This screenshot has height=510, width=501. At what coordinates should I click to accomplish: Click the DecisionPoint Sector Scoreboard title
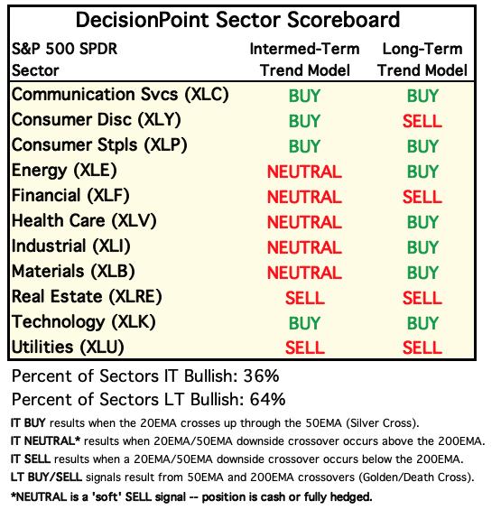pos(237,20)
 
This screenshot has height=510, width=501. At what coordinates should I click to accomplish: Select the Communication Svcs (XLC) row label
pos(120,95)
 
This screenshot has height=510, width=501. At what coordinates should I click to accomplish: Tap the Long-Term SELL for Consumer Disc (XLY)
pos(422,121)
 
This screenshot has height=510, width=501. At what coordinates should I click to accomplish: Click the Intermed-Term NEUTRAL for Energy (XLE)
pos(304,172)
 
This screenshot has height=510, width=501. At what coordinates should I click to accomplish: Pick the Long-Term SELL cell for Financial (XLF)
pos(422,197)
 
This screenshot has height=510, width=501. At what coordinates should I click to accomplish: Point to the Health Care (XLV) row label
pos(84,221)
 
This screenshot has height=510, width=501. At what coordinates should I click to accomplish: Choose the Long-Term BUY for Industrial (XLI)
pos(422,247)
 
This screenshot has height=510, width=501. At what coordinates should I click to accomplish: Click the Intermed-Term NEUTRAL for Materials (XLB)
pos(304,273)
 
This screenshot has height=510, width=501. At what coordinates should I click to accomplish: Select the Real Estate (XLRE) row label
pos(87,297)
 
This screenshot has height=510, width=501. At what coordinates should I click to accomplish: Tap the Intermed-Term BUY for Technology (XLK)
pos(304,323)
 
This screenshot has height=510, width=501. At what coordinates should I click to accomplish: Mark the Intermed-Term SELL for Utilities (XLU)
pos(305,348)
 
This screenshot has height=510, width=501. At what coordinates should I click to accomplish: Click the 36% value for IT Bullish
pos(261,376)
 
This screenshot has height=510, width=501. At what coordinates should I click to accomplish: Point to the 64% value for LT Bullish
pos(267,399)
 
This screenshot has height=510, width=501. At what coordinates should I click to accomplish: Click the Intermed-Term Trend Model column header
pos(304,60)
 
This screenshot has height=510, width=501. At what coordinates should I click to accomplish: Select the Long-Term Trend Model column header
pos(422,60)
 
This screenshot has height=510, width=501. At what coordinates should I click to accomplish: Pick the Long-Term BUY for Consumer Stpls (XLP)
pos(422,146)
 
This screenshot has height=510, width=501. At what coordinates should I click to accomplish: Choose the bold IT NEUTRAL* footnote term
pos(45,441)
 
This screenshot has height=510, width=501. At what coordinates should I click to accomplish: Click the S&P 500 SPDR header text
pos(64,49)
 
